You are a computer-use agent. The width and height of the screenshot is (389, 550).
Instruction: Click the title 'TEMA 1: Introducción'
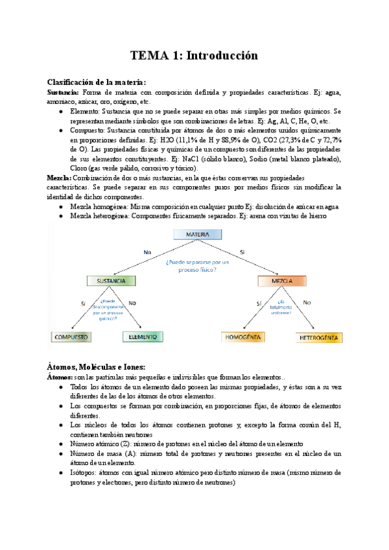(194, 56)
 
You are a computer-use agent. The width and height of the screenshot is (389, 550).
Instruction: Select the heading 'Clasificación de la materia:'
(97, 82)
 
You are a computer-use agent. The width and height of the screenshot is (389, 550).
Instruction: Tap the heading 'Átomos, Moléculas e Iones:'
(97, 366)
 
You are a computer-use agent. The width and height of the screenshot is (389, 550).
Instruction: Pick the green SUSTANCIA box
(112, 281)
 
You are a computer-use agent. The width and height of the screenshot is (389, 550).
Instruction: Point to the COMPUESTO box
(71, 337)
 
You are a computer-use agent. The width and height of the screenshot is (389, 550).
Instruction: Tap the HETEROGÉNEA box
(318, 338)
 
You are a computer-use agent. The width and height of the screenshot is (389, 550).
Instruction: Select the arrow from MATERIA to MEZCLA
(246, 257)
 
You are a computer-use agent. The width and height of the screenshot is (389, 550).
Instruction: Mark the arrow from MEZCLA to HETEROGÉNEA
(301, 309)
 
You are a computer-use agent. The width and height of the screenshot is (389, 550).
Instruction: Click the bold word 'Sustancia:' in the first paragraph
(63, 92)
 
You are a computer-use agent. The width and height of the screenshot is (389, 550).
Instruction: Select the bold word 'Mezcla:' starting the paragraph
(59, 178)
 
